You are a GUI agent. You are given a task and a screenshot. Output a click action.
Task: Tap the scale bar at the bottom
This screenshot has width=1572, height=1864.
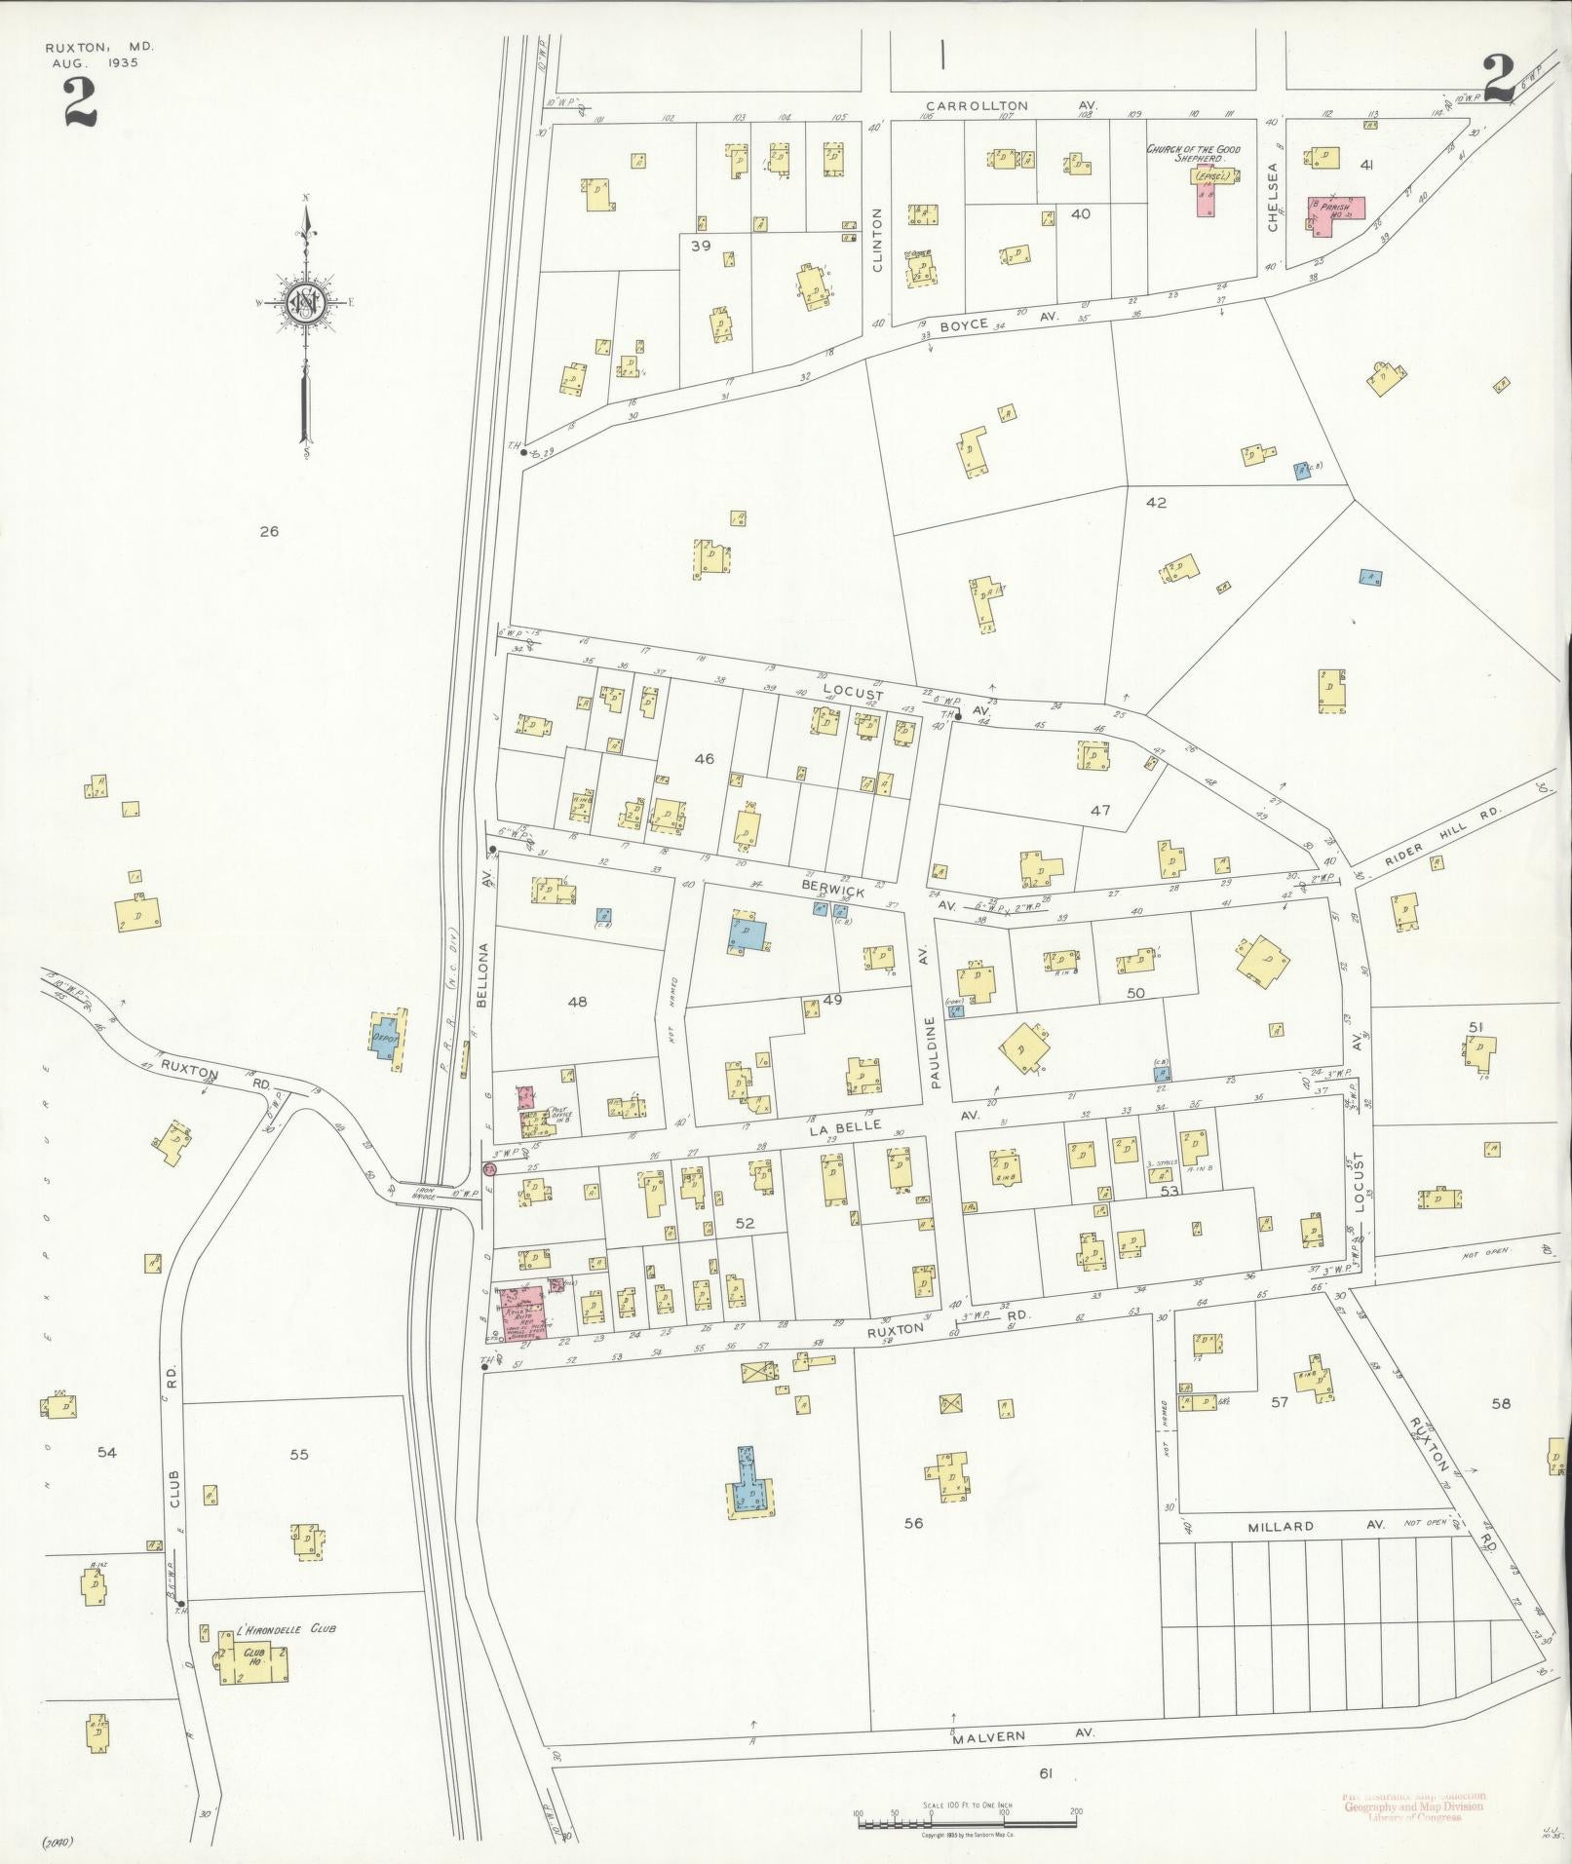[x=966, y=1823]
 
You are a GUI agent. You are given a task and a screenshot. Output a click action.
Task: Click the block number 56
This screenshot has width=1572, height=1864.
[x=912, y=1523]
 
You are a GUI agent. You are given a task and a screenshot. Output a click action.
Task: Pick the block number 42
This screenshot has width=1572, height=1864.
[x=1156, y=503]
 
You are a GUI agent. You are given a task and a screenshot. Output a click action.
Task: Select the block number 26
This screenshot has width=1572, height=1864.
[x=269, y=531]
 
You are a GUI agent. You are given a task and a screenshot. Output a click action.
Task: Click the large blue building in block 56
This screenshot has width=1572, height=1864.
[x=749, y=1490]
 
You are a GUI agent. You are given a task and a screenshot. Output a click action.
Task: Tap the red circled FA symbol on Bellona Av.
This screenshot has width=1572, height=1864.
[x=489, y=1167]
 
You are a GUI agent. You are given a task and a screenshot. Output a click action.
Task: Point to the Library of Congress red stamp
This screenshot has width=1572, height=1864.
[x=1414, y=1807]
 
